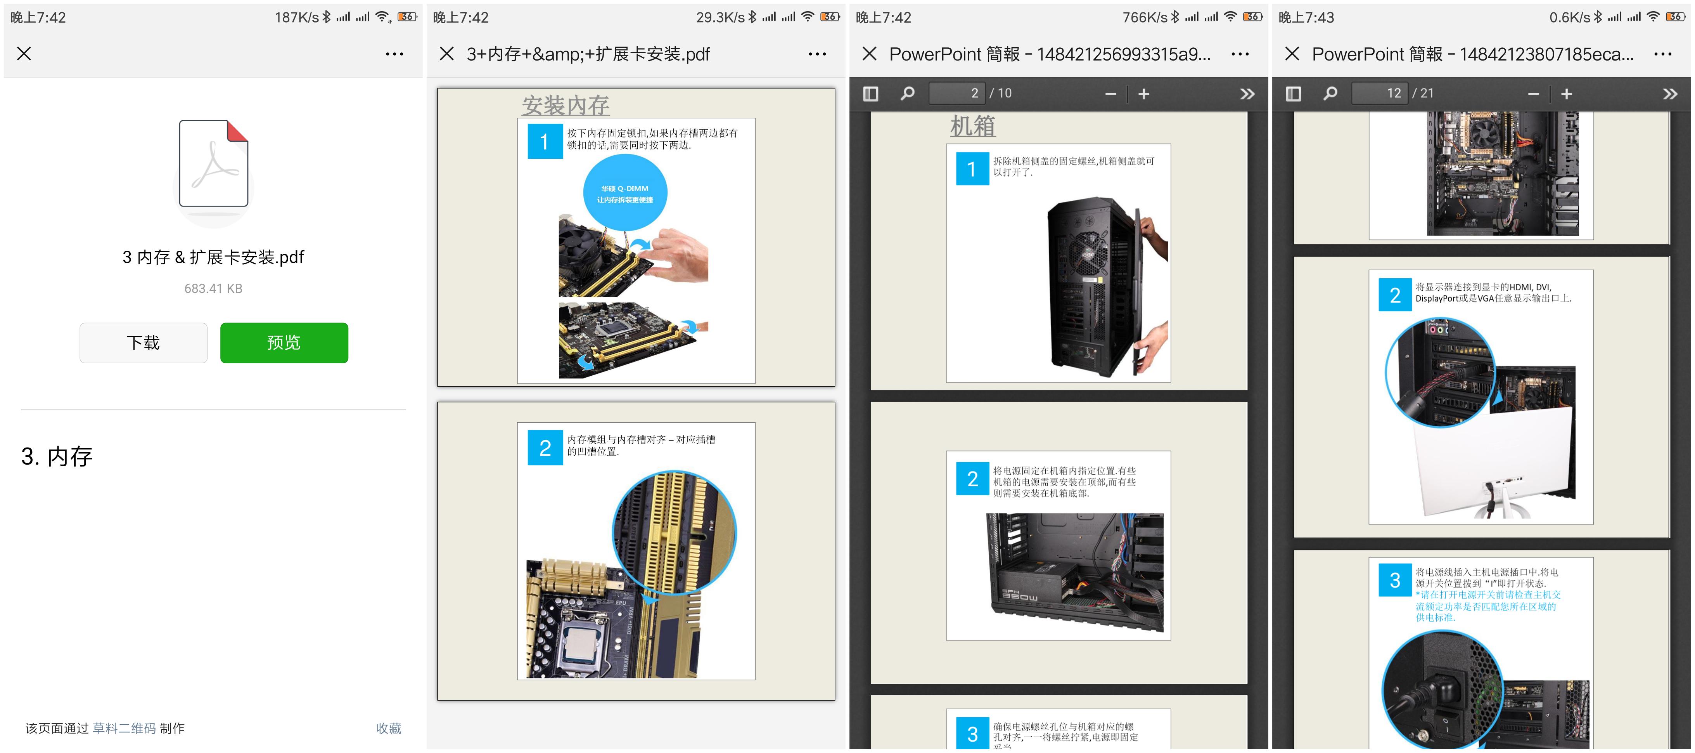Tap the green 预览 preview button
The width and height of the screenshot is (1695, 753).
coord(284,342)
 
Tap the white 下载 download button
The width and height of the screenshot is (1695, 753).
coord(144,342)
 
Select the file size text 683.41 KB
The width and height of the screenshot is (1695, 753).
coord(213,288)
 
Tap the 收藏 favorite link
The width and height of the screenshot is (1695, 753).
coord(388,728)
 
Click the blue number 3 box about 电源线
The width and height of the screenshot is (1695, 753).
coord(1394,580)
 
